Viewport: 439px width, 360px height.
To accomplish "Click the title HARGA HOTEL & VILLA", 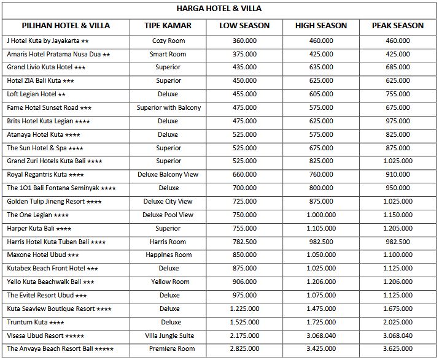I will (219, 9).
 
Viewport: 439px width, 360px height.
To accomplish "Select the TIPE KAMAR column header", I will (168, 26).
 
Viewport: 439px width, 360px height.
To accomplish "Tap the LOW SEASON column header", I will (244, 26).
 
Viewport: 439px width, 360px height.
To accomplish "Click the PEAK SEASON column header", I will (397, 26).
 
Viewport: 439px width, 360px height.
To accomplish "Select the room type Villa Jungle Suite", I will (168, 335).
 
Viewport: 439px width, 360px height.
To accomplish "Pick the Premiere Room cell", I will (168, 349).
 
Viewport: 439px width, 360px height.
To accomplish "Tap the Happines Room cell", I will (168, 255).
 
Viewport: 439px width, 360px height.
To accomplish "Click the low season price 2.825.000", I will (244, 349).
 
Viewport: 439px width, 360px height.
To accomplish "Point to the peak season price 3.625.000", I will (397, 349).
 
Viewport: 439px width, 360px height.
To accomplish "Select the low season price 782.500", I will (244, 242).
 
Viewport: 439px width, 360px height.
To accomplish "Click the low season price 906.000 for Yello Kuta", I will (244, 282).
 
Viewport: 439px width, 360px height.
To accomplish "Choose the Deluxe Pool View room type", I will (168, 215).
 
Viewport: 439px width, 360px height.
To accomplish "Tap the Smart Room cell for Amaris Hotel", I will (168, 55).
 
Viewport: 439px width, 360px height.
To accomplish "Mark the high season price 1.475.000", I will (321, 308).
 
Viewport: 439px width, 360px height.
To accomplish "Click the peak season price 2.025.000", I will (397, 322).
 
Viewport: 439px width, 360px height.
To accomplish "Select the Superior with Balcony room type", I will (168, 108).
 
